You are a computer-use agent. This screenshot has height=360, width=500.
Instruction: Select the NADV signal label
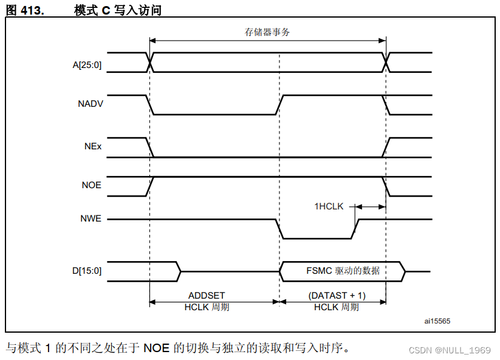click(x=91, y=104)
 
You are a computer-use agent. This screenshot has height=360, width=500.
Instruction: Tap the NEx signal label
click(x=93, y=147)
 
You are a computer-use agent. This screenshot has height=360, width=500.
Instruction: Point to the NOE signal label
click(x=91, y=186)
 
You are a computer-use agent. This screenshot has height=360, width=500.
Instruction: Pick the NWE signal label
click(x=91, y=219)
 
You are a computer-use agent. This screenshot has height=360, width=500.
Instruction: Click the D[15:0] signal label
click(x=87, y=271)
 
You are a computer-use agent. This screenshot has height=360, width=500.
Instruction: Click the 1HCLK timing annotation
click(x=329, y=206)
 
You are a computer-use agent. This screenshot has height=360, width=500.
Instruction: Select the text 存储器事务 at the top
click(x=267, y=32)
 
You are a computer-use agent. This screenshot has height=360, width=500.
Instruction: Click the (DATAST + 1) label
click(x=337, y=296)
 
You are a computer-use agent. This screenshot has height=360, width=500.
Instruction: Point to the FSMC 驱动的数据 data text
click(x=343, y=271)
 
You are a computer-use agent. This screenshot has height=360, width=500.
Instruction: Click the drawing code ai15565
click(x=437, y=320)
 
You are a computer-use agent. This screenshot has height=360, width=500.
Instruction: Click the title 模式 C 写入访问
click(x=118, y=10)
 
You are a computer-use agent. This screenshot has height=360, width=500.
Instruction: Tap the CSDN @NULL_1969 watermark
click(x=449, y=350)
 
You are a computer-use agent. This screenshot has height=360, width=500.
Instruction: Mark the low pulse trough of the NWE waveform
click(x=316, y=238)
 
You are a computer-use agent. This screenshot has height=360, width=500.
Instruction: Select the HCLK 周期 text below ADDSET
click(x=207, y=307)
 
